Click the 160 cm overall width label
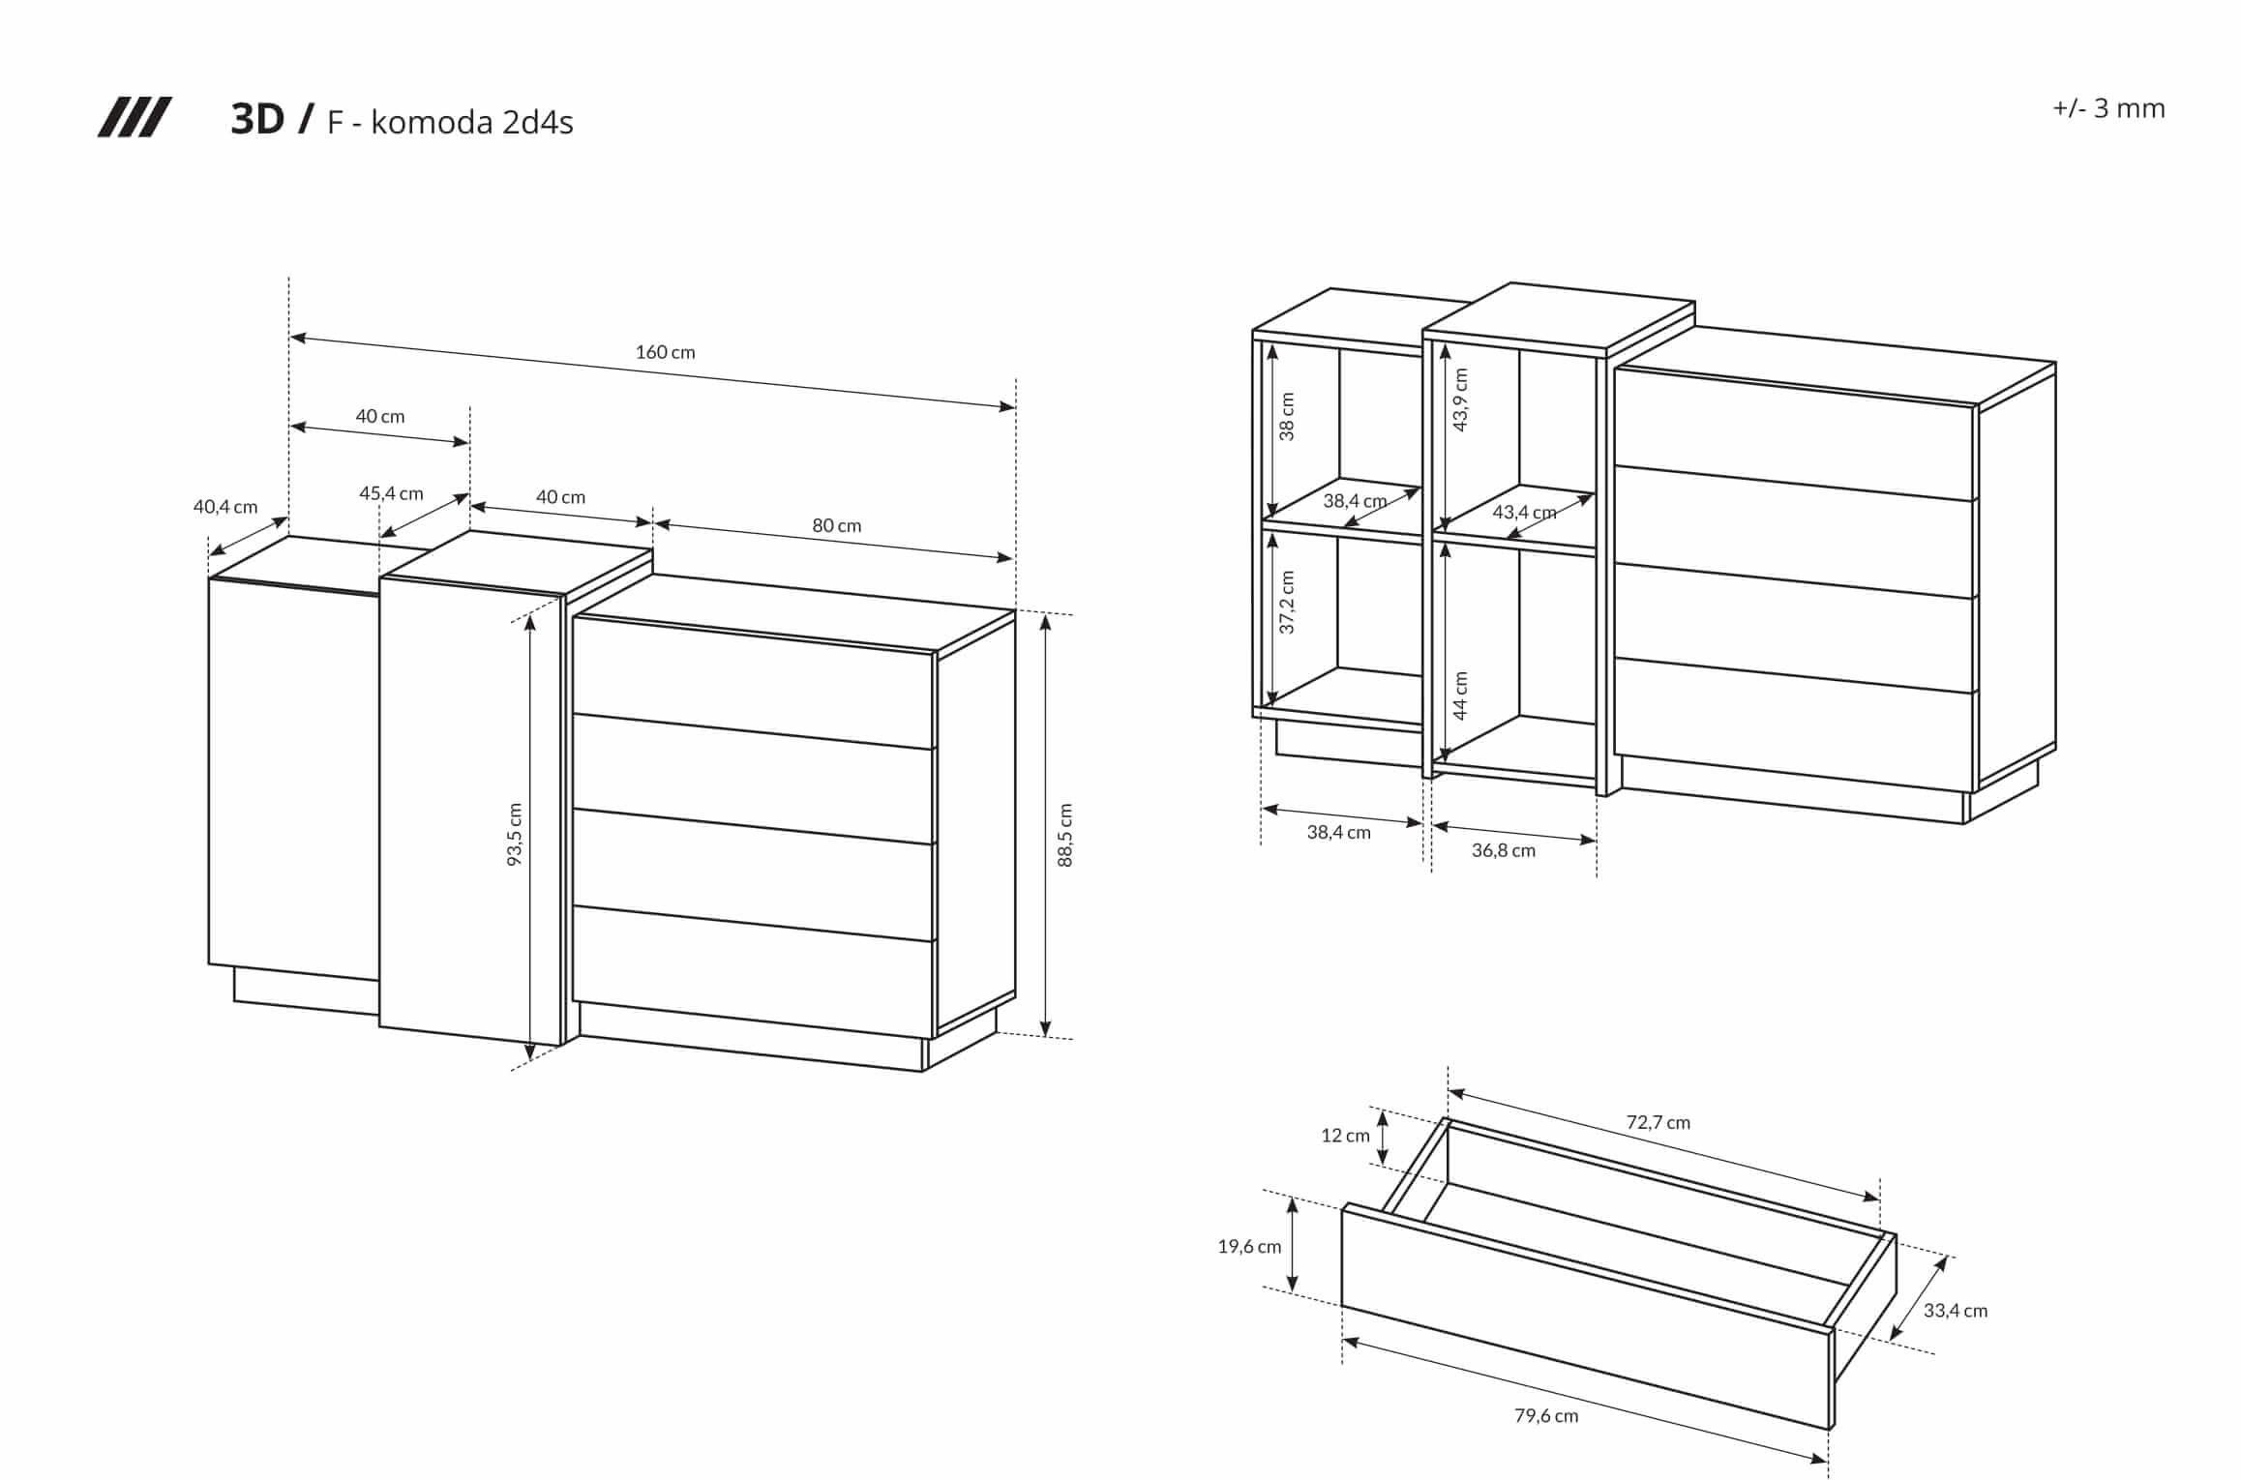tap(665, 352)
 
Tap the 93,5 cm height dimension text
tap(515, 834)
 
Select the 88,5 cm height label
tap(1064, 835)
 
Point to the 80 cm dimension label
tap(836, 525)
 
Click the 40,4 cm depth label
tap(225, 506)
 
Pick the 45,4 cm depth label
tap(391, 493)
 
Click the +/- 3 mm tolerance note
tap(2108, 108)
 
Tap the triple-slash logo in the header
tap(134, 118)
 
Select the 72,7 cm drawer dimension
tap(1658, 1122)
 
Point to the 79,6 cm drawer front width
tap(1545, 1415)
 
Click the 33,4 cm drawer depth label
tap(1955, 1311)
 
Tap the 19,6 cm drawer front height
tap(1248, 1247)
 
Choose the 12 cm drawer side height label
tap(1345, 1136)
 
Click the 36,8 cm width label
tap(1503, 850)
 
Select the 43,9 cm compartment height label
tap(1460, 400)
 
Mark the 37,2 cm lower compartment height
tap(1287, 603)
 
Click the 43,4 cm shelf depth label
tap(1524, 512)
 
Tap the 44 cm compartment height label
tap(1460, 696)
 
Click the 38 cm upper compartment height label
tap(1287, 417)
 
